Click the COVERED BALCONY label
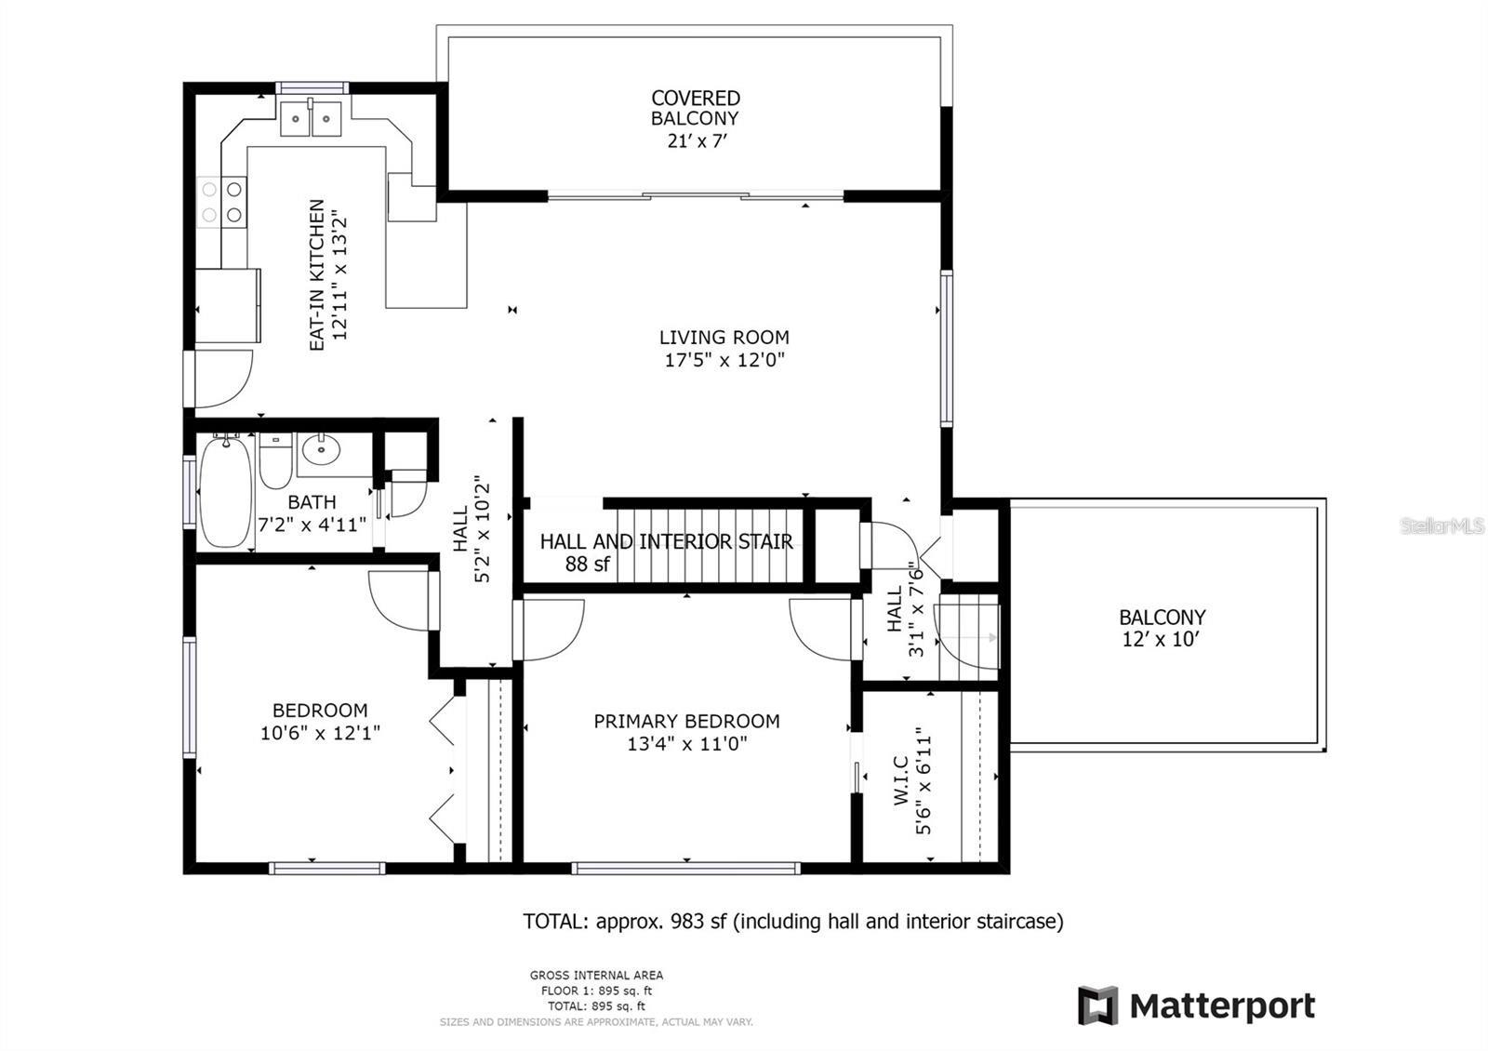click(x=696, y=108)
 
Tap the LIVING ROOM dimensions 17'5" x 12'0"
click(x=724, y=361)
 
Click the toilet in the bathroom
click(x=275, y=461)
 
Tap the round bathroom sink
click(x=322, y=449)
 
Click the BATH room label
click(x=312, y=503)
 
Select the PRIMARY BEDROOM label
click(x=686, y=721)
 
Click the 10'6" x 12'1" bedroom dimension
click(x=320, y=733)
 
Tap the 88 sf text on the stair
click(x=587, y=564)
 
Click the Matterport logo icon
click(x=1097, y=1005)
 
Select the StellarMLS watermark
click(x=1442, y=526)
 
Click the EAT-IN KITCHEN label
click(x=317, y=275)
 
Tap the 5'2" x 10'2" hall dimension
click(x=482, y=529)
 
